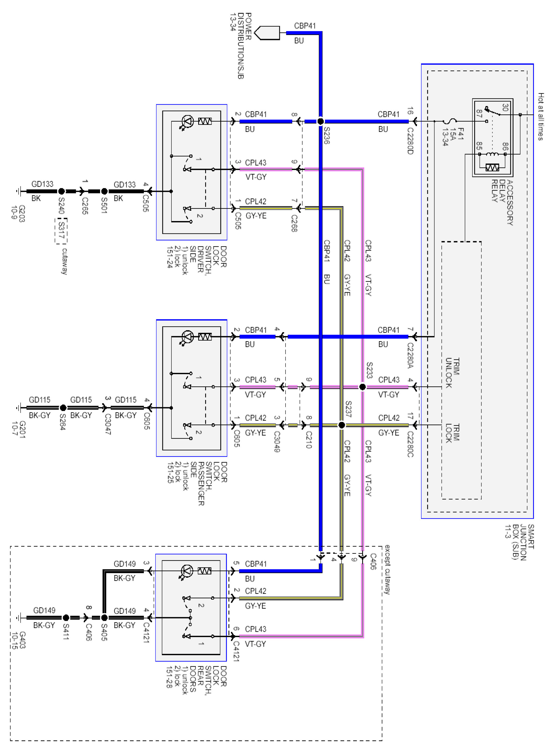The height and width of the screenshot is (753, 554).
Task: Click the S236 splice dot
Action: pos(320,121)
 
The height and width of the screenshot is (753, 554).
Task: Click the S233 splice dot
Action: pos(362,387)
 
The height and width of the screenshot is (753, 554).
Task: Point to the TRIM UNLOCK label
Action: pos(452,373)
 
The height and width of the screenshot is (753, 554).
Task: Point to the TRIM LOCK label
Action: pos(452,433)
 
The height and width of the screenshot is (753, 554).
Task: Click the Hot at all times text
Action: pos(541,116)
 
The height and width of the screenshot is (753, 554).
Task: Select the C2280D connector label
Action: pos(410,141)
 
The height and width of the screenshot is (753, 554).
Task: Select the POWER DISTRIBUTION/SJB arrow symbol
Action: pos(267,33)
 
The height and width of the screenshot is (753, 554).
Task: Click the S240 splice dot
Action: pos(61,191)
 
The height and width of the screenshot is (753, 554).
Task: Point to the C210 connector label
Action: pos(308,440)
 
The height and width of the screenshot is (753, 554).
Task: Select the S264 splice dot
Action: pos(63,408)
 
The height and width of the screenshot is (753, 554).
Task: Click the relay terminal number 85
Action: pos(480,146)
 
